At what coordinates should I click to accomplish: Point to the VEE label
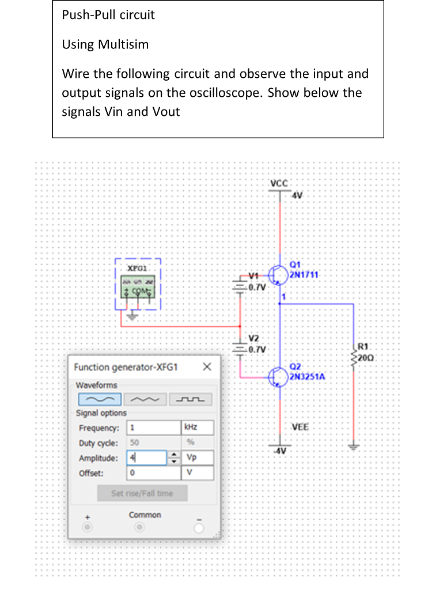pos(300,427)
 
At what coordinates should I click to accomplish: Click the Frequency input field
pos(153,428)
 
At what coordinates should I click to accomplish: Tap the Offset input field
pos(153,473)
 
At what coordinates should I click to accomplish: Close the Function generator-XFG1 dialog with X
pos(207,367)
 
